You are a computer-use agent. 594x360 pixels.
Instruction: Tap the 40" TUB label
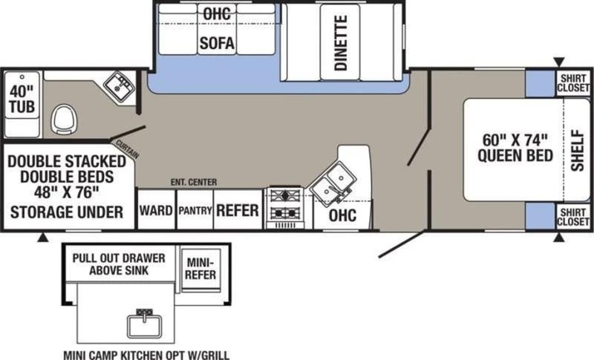point(22,99)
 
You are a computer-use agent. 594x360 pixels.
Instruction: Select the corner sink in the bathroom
point(120,85)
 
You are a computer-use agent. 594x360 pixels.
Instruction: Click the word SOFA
point(217,43)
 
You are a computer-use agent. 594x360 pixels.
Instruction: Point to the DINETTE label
point(341,43)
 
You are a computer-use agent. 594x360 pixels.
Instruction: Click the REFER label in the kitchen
point(238,211)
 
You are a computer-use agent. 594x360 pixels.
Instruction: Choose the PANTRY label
point(195,211)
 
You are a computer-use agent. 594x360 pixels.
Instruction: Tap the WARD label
point(156,210)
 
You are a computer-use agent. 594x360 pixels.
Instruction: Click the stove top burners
point(286,204)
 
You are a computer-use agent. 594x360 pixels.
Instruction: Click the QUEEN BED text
point(515,156)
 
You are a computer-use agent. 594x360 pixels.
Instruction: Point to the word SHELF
point(578,150)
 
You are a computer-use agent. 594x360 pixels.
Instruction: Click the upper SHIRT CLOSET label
point(573,83)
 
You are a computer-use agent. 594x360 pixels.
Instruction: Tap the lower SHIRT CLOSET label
point(573,217)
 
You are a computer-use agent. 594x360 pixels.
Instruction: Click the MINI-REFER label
point(200,269)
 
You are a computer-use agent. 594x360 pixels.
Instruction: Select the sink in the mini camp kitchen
point(144,324)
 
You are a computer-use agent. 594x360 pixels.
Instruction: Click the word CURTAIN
point(127,149)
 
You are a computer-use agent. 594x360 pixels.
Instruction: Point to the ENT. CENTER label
point(194,183)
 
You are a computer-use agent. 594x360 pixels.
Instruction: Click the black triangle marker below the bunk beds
point(43,238)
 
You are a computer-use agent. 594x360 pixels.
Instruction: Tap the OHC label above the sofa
point(217,14)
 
